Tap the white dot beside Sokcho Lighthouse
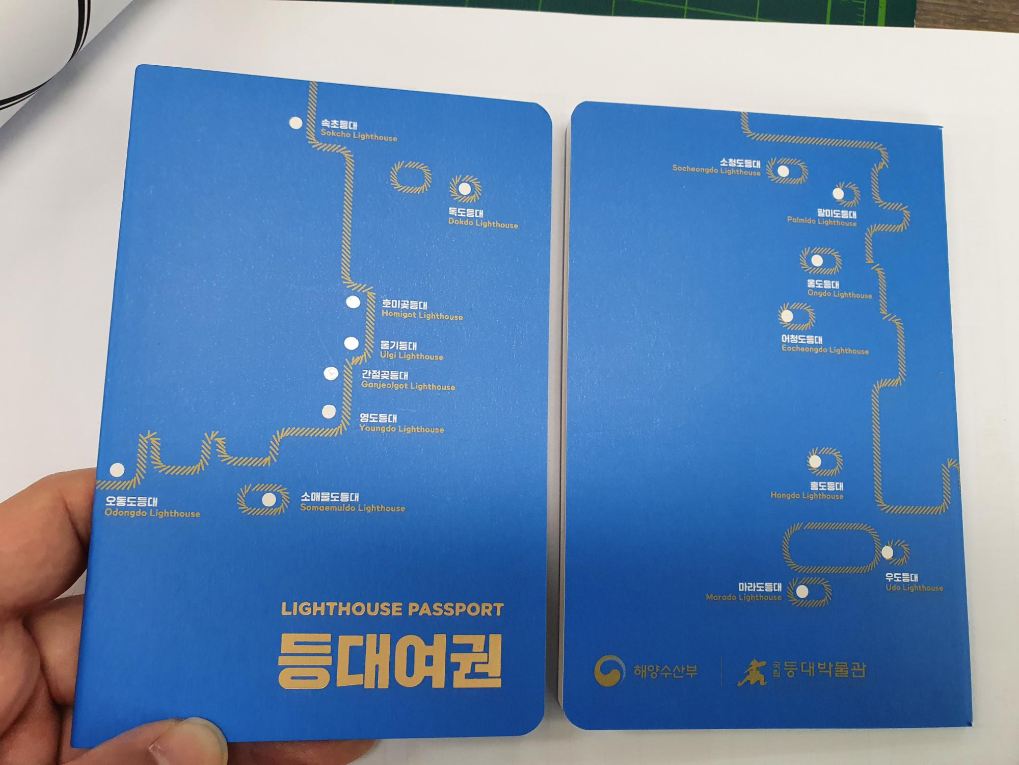tap(296, 123)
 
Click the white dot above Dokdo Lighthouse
tap(465, 189)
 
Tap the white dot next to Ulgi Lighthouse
tap(351, 343)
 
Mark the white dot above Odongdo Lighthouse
tap(117, 470)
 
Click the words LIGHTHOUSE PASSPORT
tap(392, 609)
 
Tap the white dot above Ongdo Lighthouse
tap(817, 261)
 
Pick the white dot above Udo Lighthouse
tap(887, 552)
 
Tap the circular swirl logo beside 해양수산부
tap(609, 670)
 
